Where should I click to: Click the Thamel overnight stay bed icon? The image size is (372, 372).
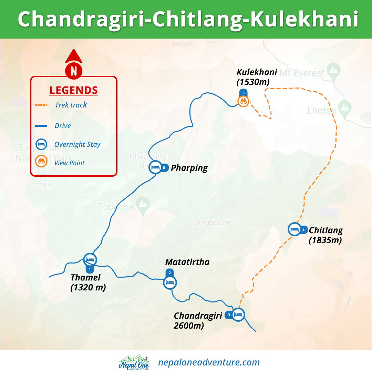(x=90, y=259)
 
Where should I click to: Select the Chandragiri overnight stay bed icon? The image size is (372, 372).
(x=238, y=314)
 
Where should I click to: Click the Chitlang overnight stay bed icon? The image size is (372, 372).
(x=294, y=229)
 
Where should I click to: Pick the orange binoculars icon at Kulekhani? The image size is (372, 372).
(x=243, y=101)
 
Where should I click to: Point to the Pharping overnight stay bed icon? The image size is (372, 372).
(x=155, y=167)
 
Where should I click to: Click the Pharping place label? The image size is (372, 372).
(x=189, y=168)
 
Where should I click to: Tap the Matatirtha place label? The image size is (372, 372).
(x=187, y=262)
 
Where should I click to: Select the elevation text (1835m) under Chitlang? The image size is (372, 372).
(x=325, y=240)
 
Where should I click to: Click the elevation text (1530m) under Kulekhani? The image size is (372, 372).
(x=253, y=82)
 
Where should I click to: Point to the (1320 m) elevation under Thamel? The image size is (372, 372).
(x=88, y=287)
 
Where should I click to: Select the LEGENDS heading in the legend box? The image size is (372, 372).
(x=73, y=90)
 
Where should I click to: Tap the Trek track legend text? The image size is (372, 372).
(x=71, y=105)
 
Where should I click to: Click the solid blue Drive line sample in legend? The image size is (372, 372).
(x=41, y=126)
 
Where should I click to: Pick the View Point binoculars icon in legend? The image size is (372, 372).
(x=41, y=161)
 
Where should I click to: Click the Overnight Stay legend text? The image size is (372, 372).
(x=77, y=144)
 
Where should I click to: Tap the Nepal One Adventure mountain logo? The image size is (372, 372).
(x=134, y=362)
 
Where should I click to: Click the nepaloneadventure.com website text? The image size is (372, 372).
(x=209, y=362)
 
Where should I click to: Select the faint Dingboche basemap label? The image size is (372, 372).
(x=212, y=222)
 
